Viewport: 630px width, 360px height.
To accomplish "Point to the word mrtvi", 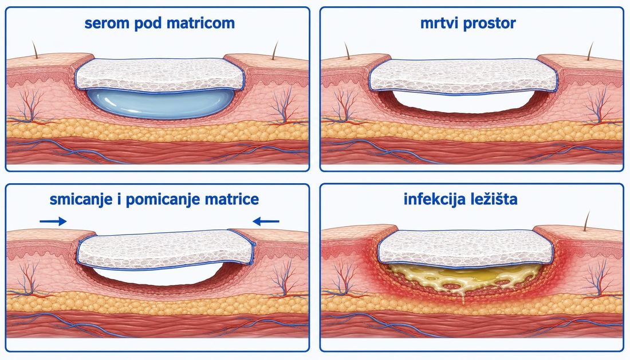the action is pyautogui.click(x=439, y=23).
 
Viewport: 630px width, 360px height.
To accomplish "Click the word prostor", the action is pyautogui.click(x=490, y=24).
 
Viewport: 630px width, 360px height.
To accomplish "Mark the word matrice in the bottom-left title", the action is pyautogui.click(x=232, y=199).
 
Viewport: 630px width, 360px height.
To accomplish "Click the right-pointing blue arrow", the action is pyautogui.click(x=53, y=221).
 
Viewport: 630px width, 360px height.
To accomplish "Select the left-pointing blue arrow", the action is pyautogui.click(x=266, y=221).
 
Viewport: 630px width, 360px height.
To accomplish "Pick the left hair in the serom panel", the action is pyautogui.click(x=35, y=49).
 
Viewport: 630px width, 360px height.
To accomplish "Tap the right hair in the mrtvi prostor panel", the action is pyautogui.click(x=590, y=51).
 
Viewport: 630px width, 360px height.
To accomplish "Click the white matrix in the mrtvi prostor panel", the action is pyautogui.click(x=464, y=77).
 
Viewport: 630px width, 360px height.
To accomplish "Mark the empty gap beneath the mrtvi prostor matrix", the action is pyautogui.click(x=464, y=102).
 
